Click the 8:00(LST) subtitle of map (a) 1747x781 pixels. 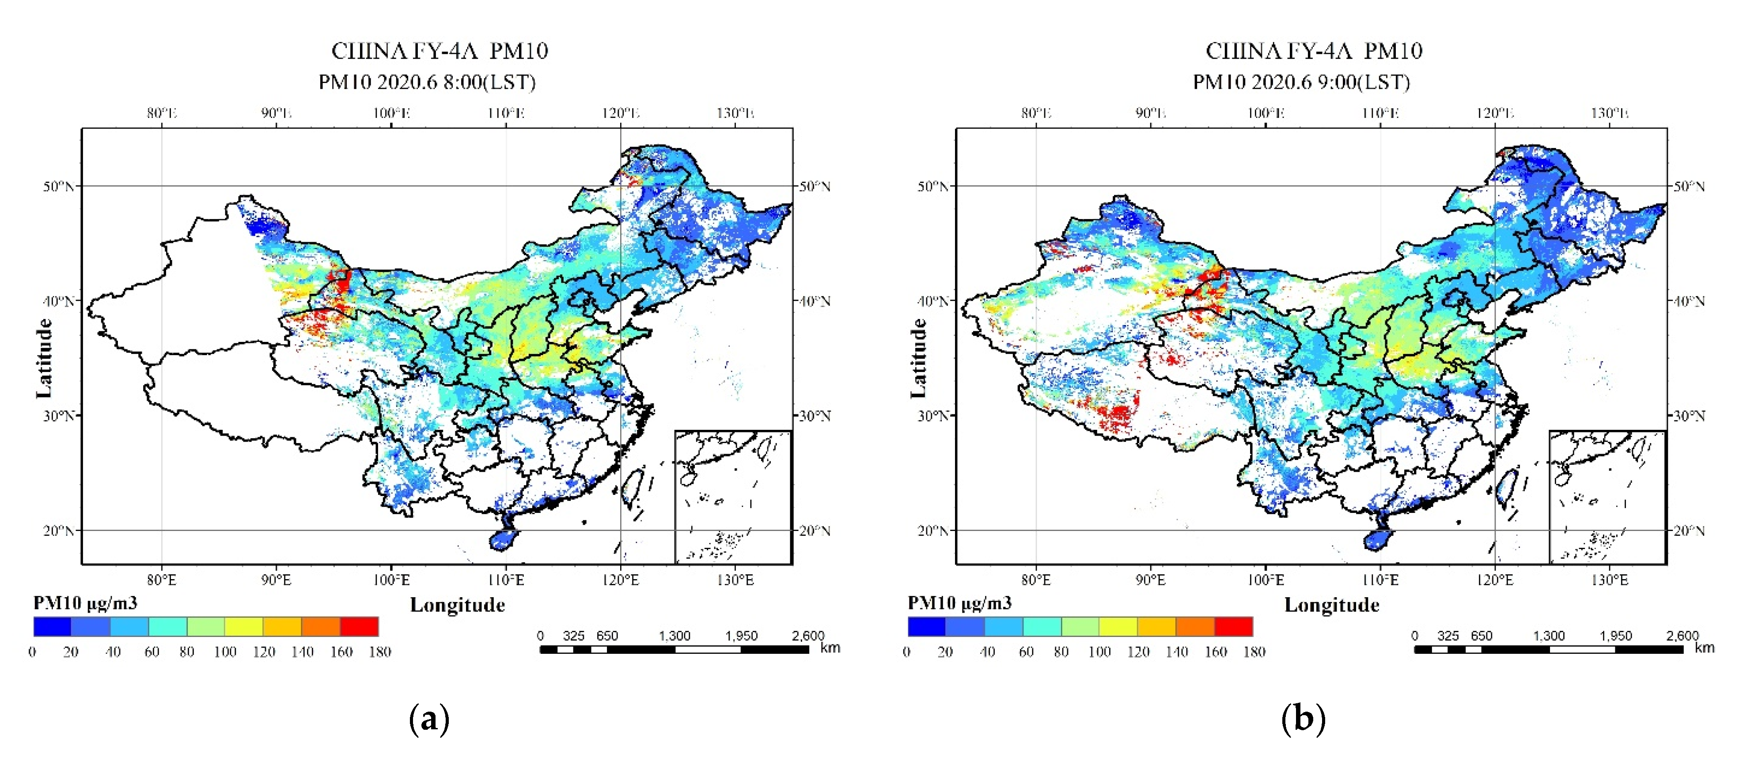[x=427, y=82]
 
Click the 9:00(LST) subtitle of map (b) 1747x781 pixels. [x=1301, y=82]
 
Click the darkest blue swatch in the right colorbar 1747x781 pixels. [x=926, y=626]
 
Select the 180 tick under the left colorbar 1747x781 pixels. [x=380, y=652]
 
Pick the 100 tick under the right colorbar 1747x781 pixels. [x=1099, y=652]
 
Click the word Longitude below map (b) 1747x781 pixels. [x=1331, y=605]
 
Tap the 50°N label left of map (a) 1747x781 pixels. [x=58, y=186]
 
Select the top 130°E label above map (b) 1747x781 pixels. [x=1609, y=113]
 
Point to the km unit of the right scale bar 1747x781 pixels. [x=1704, y=648]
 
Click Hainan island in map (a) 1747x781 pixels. [x=503, y=540]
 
